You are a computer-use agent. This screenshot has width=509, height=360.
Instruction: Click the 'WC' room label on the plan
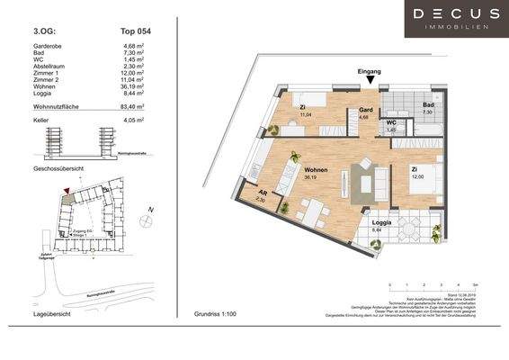point(391,124)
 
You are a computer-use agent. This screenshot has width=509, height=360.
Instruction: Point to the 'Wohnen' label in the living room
point(315,169)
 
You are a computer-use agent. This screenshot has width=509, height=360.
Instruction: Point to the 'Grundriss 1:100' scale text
point(213,315)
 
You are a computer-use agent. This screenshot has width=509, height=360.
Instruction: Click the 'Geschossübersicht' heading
point(58,168)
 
